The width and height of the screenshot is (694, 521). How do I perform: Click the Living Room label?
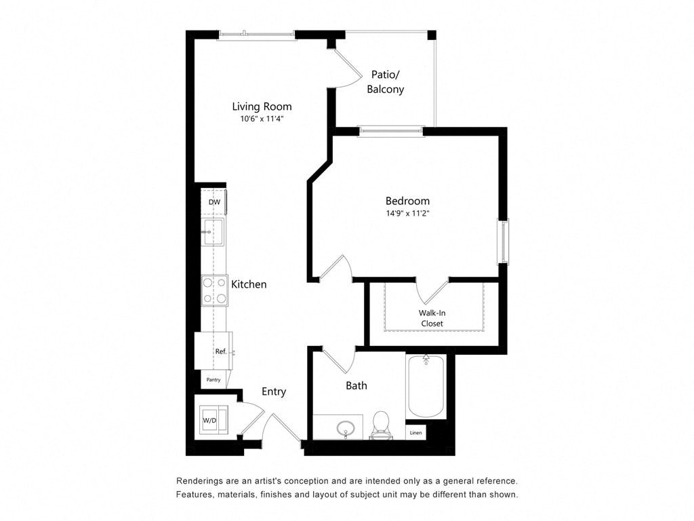pyautogui.click(x=262, y=107)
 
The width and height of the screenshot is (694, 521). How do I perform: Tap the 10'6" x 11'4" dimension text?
pyautogui.click(x=262, y=119)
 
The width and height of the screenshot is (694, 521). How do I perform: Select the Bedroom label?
pyautogui.click(x=407, y=201)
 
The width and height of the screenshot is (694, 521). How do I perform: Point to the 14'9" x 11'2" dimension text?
pyautogui.click(x=407, y=213)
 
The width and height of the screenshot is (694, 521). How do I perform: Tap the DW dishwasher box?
pyautogui.click(x=214, y=202)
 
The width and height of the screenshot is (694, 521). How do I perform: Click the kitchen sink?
pyautogui.click(x=213, y=231)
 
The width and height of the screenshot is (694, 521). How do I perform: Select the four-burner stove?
pyautogui.click(x=214, y=290)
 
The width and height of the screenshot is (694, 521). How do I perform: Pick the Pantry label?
pyautogui.click(x=213, y=380)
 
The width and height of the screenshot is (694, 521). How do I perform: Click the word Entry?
pyautogui.click(x=274, y=391)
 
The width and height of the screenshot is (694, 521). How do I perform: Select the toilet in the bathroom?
pyautogui.click(x=381, y=425)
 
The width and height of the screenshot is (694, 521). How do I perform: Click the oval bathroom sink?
pyautogui.click(x=346, y=427)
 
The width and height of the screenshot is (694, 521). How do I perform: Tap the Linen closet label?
pyautogui.click(x=415, y=432)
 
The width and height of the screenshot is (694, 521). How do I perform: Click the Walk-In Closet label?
pyautogui.click(x=432, y=318)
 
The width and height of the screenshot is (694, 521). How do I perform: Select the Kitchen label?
pyautogui.click(x=249, y=284)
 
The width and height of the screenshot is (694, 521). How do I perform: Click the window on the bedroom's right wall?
pyautogui.click(x=505, y=241)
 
